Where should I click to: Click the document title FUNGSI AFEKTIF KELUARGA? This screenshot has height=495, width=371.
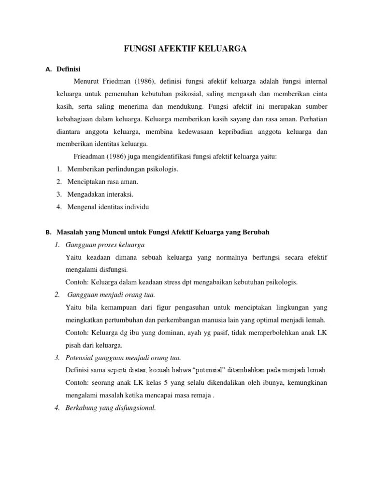tap(185, 48)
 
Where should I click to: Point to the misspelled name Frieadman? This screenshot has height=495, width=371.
tap(90, 156)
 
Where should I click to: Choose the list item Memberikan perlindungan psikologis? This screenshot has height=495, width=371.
tap(123, 169)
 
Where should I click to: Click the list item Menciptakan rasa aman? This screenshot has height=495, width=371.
tap(103, 181)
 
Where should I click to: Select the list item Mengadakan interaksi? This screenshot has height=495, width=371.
tap(100, 194)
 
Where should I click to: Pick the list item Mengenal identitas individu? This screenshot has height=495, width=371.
tap(109, 206)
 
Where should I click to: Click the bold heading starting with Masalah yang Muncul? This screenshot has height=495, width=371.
tap(163, 232)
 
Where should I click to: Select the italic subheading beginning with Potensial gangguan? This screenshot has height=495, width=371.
tap(123, 358)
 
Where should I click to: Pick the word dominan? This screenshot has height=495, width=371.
tap(154, 333)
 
